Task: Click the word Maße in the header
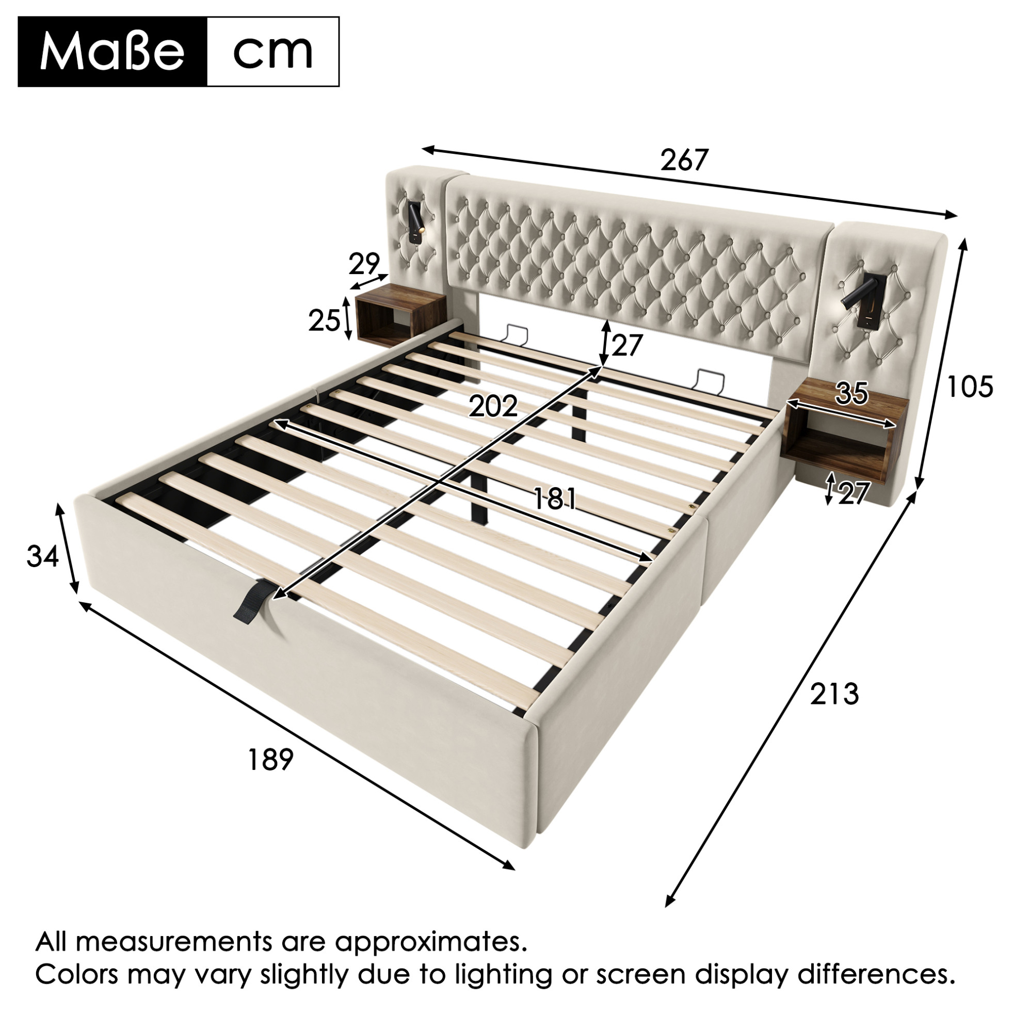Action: [112, 52]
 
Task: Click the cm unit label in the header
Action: [272, 52]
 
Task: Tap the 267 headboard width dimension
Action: [684, 160]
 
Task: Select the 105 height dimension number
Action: [970, 387]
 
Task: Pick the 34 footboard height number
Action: [42, 556]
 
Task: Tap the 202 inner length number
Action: [493, 406]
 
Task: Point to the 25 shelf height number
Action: [324, 320]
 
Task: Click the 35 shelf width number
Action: [852, 393]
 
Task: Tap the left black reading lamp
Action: [415, 223]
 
